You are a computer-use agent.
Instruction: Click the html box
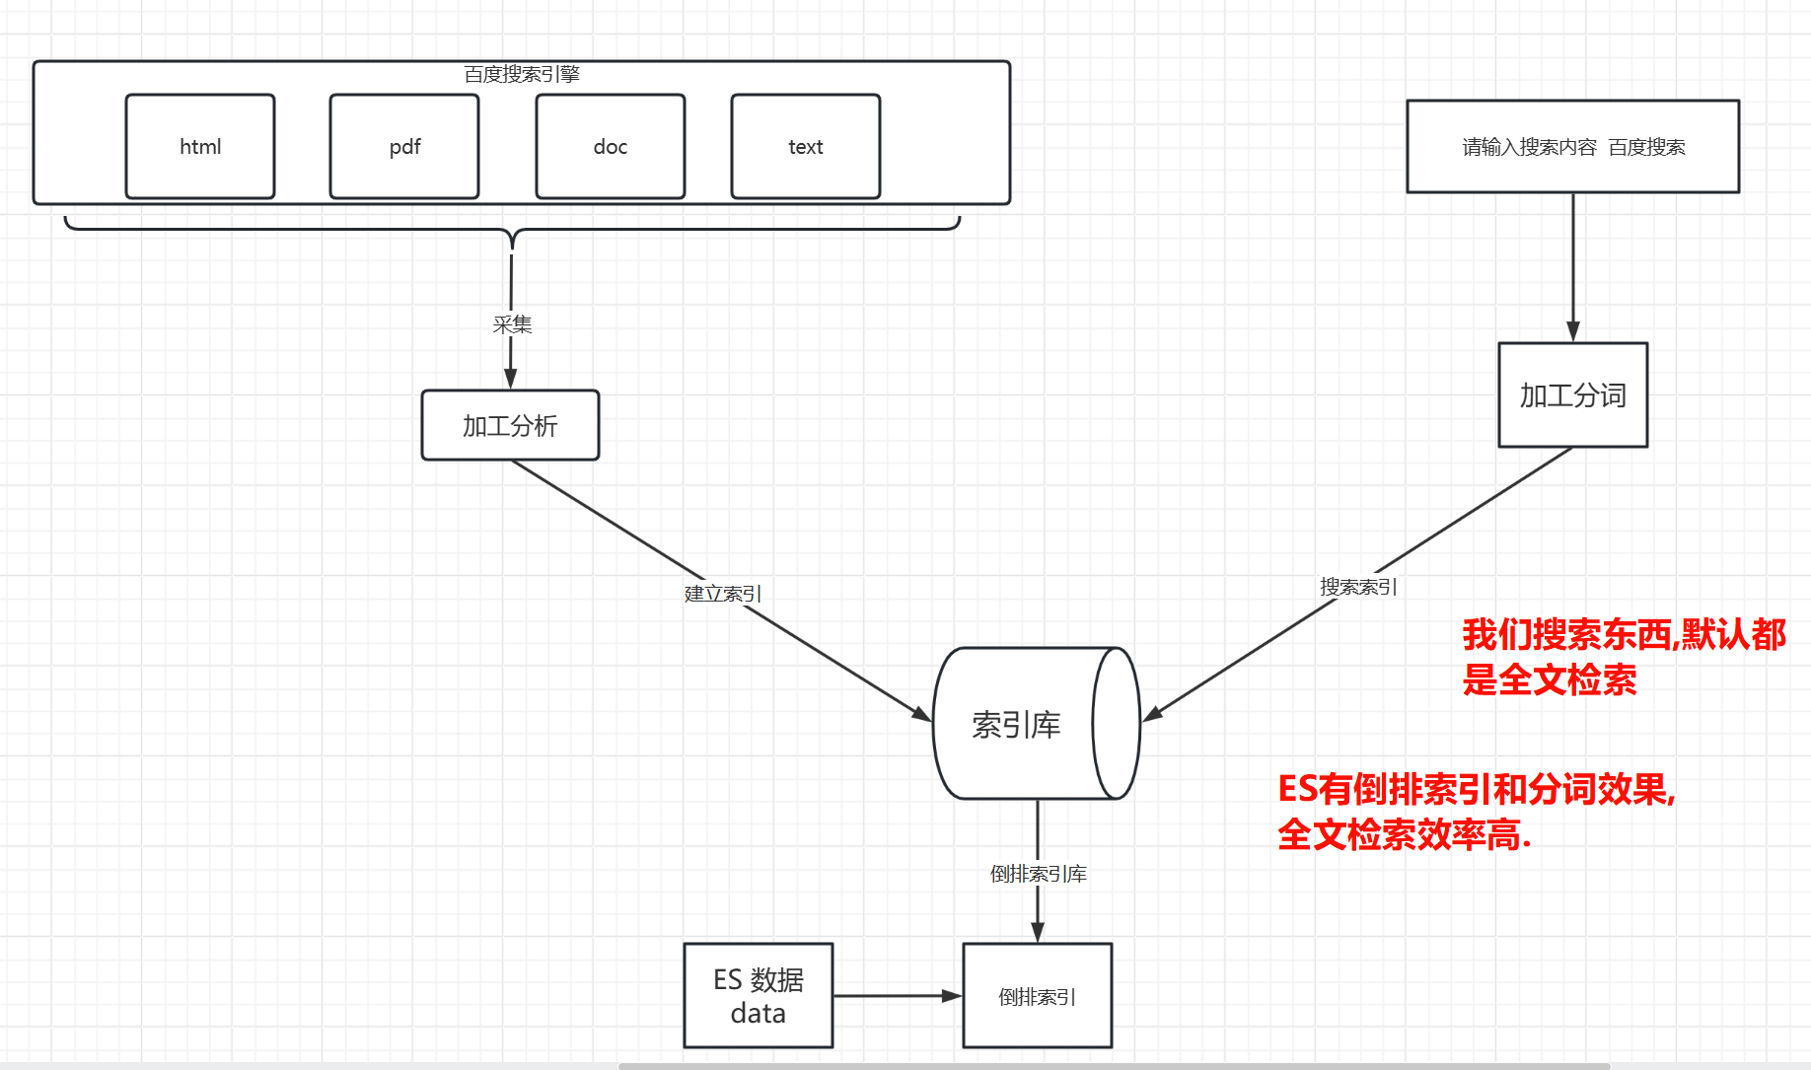200,147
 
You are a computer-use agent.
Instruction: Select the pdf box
404,147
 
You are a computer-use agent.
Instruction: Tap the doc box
610,147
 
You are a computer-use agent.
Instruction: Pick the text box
805,147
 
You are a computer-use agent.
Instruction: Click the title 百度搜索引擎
522,74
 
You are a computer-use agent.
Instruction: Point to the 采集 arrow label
512,324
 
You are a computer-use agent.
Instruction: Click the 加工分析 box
510,425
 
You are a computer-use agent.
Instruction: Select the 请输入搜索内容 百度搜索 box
1572,147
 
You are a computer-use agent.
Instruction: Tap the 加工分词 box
1572,395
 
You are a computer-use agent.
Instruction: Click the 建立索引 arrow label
722,594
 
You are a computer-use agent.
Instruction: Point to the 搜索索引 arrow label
1358,587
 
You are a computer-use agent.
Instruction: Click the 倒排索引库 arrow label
1038,874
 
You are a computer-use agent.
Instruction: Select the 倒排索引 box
1037,996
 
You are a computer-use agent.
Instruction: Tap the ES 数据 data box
758,996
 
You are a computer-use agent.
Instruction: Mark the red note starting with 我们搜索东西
1623,657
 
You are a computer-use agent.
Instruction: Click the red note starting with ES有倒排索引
1476,812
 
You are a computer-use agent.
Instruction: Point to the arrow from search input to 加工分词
1573,266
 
